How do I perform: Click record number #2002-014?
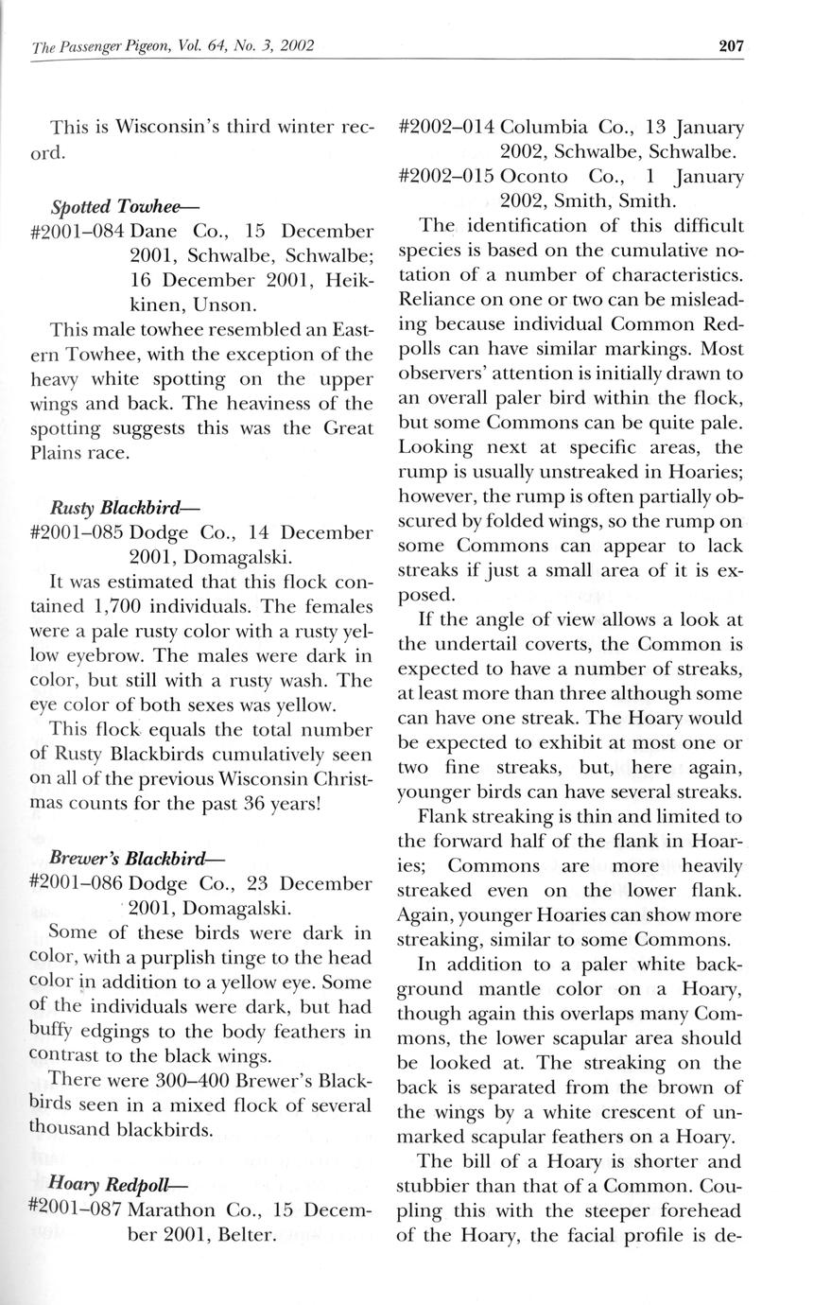point(444,127)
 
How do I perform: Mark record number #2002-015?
point(444,176)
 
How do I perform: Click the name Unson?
point(223,305)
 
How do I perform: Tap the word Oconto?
point(534,176)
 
